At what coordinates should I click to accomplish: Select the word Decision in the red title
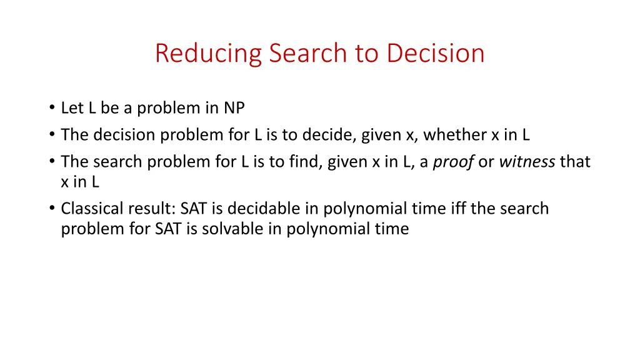(x=436, y=53)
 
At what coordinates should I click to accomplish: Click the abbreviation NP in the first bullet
(x=234, y=108)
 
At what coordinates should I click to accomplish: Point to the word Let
(x=72, y=108)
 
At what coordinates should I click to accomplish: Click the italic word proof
(x=453, y=162)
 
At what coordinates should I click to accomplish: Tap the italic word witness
(x=527, y=162)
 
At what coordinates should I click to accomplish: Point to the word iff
(x=456, y=208)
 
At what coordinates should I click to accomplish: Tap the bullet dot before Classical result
(x=51, y=209)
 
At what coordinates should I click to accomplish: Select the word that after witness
(x=575, y=162)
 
